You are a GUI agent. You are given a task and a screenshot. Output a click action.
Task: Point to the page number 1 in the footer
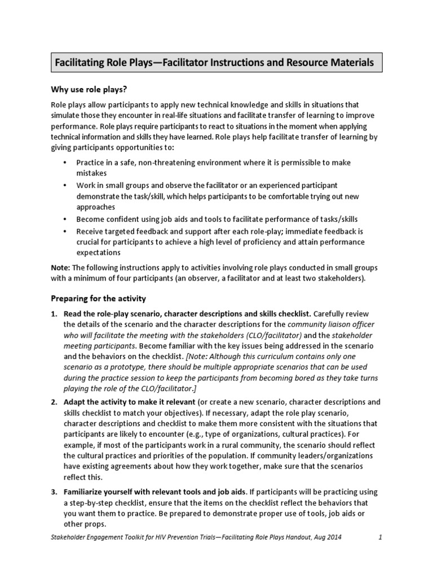coord(381,538)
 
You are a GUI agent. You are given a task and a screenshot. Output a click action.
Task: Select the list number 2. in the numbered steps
coord(55,402)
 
